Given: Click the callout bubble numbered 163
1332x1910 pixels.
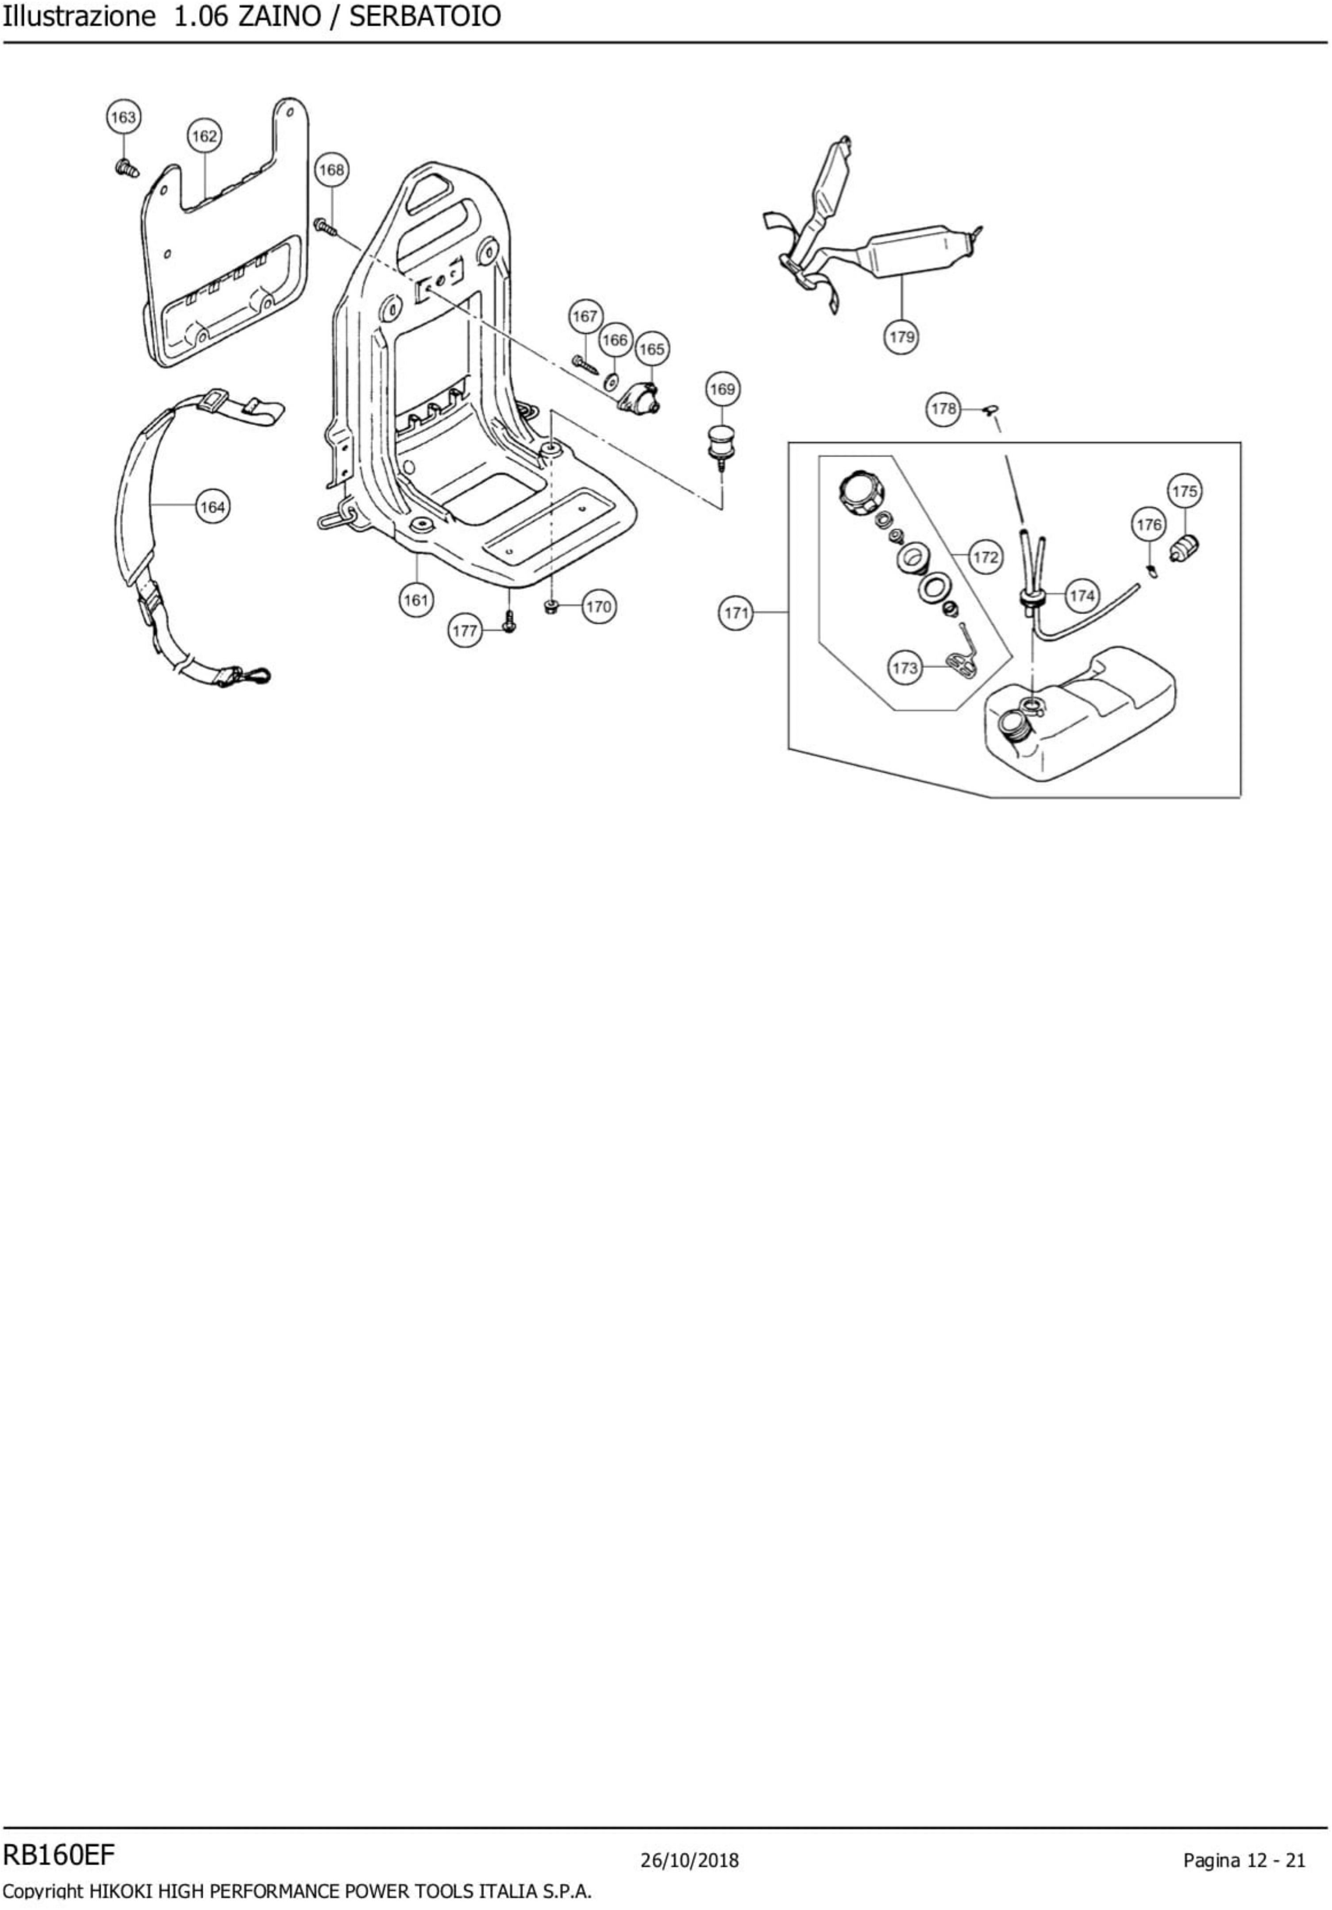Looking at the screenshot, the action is coord(123,117).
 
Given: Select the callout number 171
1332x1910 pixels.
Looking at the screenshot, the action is coord(735,613).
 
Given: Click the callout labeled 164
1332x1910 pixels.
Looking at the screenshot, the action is coord(212,507).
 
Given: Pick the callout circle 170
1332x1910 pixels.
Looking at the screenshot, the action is coord(598,606).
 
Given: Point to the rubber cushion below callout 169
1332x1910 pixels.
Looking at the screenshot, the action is coord(721,443).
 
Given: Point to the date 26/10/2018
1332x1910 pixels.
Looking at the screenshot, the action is coord(690,1860).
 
